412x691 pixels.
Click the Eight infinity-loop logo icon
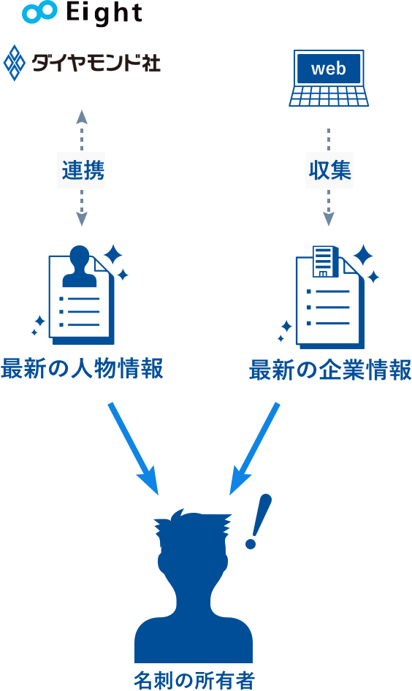(39, 12)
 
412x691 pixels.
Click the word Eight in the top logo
(104, 12)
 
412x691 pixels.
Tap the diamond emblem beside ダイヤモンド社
(15, 63)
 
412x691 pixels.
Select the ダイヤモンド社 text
(96, 63)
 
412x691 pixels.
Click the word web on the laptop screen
(328, 69)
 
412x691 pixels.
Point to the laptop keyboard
(329, 96)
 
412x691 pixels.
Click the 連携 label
(83, 170)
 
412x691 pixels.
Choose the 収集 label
(329, 170)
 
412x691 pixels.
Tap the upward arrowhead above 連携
(82, 117)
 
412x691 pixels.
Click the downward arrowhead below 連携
(82, 218)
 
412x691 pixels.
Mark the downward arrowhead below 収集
(328, 218)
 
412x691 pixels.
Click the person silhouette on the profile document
(80, 266)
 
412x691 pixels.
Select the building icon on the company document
(325, 261)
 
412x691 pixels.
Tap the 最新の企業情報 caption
(330, 370)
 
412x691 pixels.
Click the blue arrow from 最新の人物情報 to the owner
(134, 448)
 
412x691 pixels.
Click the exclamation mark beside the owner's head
(259, 521)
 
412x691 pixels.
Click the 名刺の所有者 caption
(194, 680)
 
